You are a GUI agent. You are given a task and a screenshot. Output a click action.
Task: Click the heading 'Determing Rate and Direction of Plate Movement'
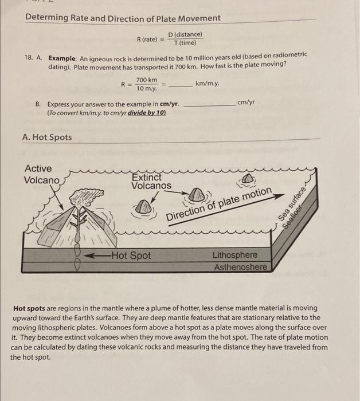[123, 18]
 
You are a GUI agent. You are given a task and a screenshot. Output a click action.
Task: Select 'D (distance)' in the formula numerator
[185, 35]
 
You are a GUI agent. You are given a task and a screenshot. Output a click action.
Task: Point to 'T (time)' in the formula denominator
[185, 43]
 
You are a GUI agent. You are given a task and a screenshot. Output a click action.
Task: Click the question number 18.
[29, 59]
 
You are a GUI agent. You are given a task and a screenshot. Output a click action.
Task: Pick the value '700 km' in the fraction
[146, 80]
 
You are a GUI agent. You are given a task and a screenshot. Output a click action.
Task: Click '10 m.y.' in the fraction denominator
[146, 89]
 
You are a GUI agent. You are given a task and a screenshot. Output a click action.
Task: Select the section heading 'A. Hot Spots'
[46, 137]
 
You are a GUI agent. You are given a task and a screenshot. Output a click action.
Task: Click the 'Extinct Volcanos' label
[151, 182]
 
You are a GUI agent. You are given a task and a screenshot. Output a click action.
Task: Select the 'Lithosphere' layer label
[235, 255]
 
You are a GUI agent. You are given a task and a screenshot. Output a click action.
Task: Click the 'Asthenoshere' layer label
[240, 268]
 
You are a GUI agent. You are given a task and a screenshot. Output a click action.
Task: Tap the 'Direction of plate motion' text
[220, 206]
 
